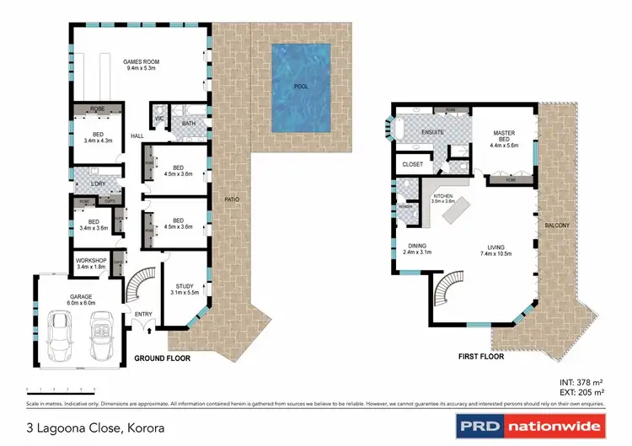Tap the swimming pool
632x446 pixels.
point(300,87)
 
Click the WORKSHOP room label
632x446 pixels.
point(92,261)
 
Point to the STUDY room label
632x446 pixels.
point(185,287)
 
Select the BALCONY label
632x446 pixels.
point(557,225)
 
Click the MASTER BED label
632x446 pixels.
point(505,136)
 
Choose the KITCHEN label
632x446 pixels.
point(443,195)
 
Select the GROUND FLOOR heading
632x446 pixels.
point(163,358)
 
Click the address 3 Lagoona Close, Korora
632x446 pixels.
point(94,428)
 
